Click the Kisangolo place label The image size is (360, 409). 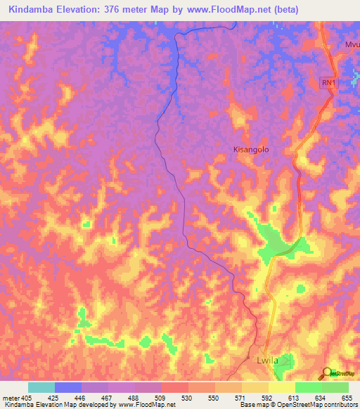[251, 150]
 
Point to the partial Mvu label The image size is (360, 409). [351, 44]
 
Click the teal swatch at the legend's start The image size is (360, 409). [41, 387]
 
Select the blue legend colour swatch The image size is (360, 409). [68, 387]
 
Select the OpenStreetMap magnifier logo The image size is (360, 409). [328, 372]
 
